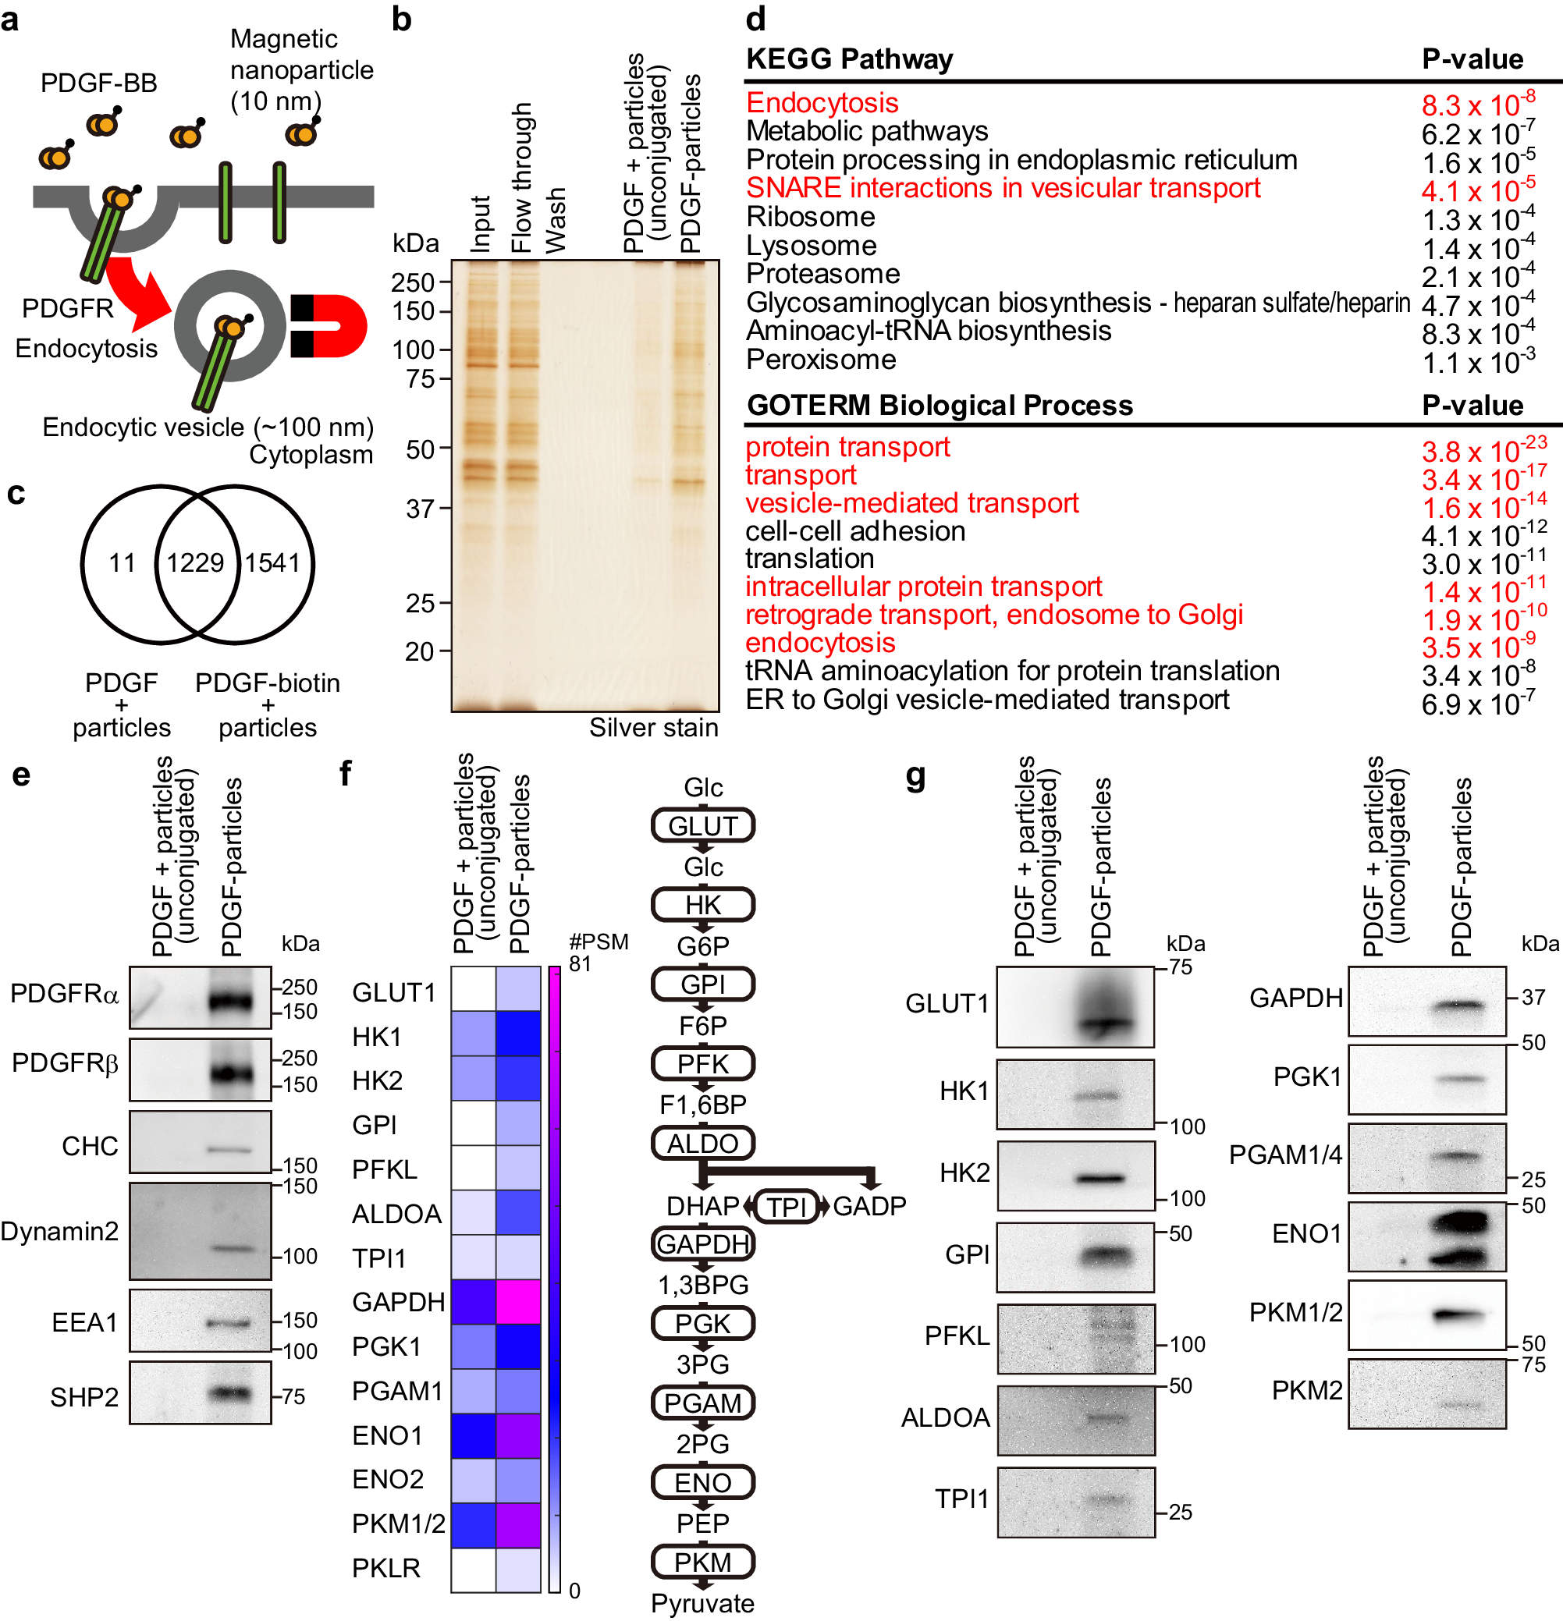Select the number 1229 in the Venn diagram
tap(195, 563)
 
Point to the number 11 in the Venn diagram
tap(123, 563)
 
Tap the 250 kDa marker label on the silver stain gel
tap(413, 283)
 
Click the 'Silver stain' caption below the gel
tap(653, 728)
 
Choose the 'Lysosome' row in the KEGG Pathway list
tap(811, 246)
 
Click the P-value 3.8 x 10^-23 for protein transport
tap(1483, 451)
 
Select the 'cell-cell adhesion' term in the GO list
tap(854, 531)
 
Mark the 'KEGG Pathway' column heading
tap(849, 59)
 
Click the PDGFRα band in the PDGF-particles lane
tap(229, 1002)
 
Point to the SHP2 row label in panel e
tap(83, 1397)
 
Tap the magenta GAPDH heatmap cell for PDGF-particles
tap(518, 1302)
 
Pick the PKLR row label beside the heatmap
tap(385, 1568)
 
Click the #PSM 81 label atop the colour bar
tap(599, 952)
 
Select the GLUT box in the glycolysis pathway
tap(702, 825)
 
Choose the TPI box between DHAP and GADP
tap(786, 1207)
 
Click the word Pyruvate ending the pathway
tap(702, 1603)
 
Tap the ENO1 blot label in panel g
tap(1305, 1233)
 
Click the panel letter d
tap(755, 20)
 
